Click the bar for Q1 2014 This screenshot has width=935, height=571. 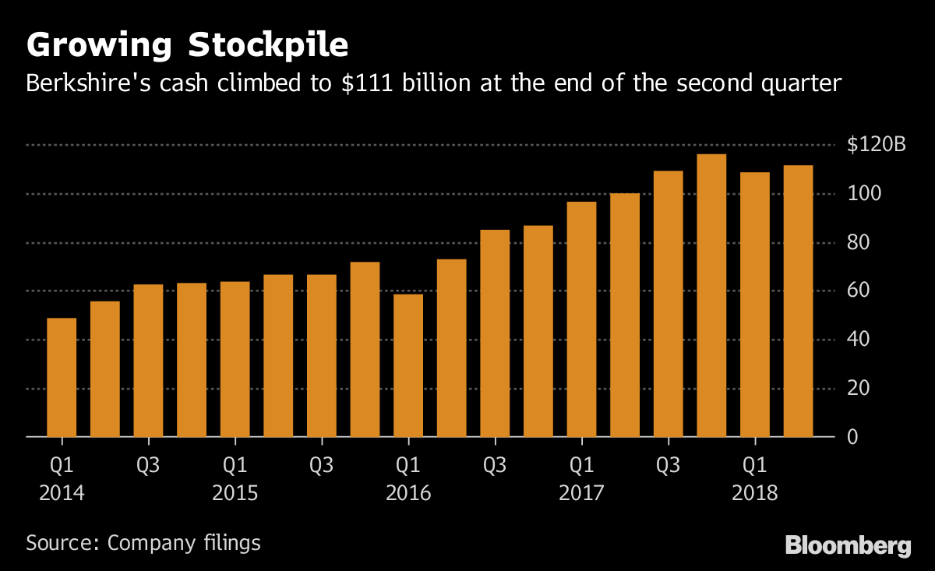[x=62, y=377]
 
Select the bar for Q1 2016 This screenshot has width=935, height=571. [x=408, y=365]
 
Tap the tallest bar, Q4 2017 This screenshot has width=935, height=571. [x=711, y=295]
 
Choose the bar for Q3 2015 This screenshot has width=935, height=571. [x=321, y=355]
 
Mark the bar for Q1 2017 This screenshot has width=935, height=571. [x=581, y=319]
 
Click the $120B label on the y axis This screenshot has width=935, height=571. [x=876, y=145]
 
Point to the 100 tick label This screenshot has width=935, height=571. [x=864, y=194]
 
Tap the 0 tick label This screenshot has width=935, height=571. [x=852, y=436]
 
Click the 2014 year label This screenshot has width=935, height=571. [x=62, y=494]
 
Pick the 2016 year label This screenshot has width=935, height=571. [x=408, y=494]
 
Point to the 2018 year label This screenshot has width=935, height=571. [x=753, y=494]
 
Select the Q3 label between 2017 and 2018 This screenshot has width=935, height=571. [x=668, y=466]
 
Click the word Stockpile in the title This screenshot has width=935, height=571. [x=263, y=45]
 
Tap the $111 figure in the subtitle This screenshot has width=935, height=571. [x=366, y=83]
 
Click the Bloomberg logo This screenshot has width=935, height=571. [x=848, y=545]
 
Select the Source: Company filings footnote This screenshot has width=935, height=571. [x=143, y=543]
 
